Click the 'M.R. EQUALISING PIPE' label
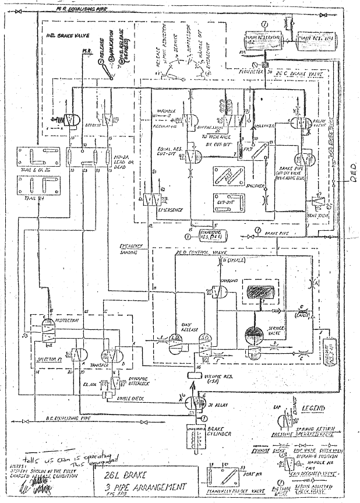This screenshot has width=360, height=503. point(79,10)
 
